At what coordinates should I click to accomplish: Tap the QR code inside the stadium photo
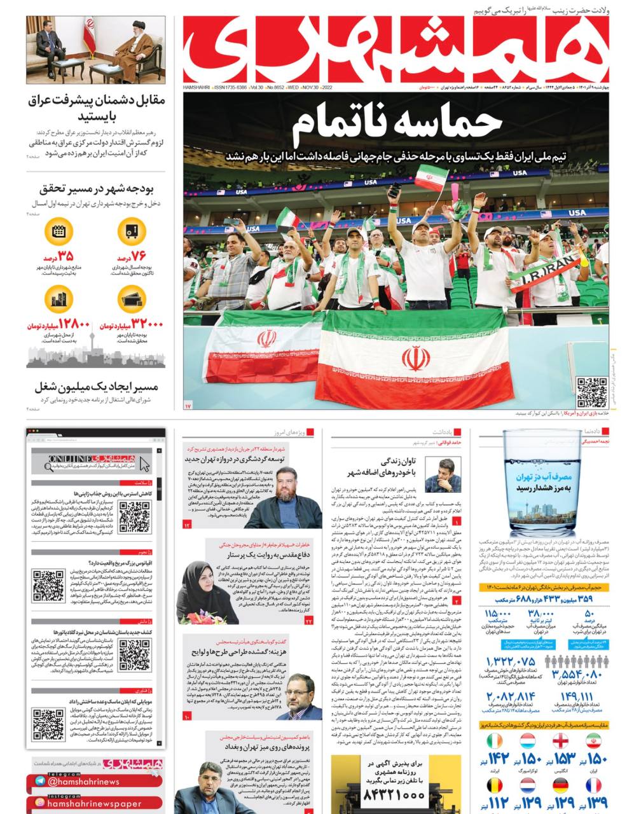591,392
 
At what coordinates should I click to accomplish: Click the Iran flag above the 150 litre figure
593,742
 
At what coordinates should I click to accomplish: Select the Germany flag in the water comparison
560,786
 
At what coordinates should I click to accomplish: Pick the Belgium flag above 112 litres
495,786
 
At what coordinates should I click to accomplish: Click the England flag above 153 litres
560,742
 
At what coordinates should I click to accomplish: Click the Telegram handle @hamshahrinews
83,782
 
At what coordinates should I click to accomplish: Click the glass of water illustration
542,483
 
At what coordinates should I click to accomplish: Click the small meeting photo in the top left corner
95,50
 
